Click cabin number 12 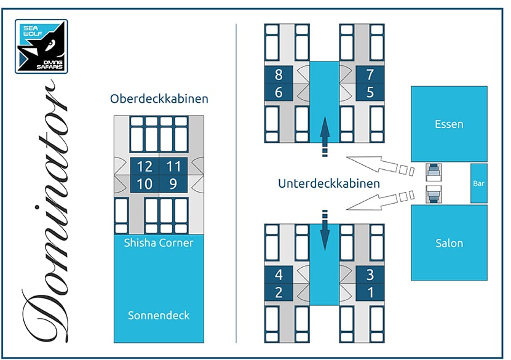pos(145,167)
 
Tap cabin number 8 pos(279,76)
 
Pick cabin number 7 pos(370,76)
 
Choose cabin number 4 pos(279,276)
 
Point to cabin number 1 pos(370,292)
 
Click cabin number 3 pos(370,276)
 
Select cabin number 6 pos(279,92)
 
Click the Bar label pos(479,183)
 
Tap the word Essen pos(449,124)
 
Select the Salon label pos(449,243)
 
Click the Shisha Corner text pos(159,243)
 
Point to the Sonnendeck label pos(159,316)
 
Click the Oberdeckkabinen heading pos(159,98)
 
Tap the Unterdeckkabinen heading pos(328,183)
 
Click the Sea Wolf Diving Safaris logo pos(41,46)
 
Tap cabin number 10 pos(145,183)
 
